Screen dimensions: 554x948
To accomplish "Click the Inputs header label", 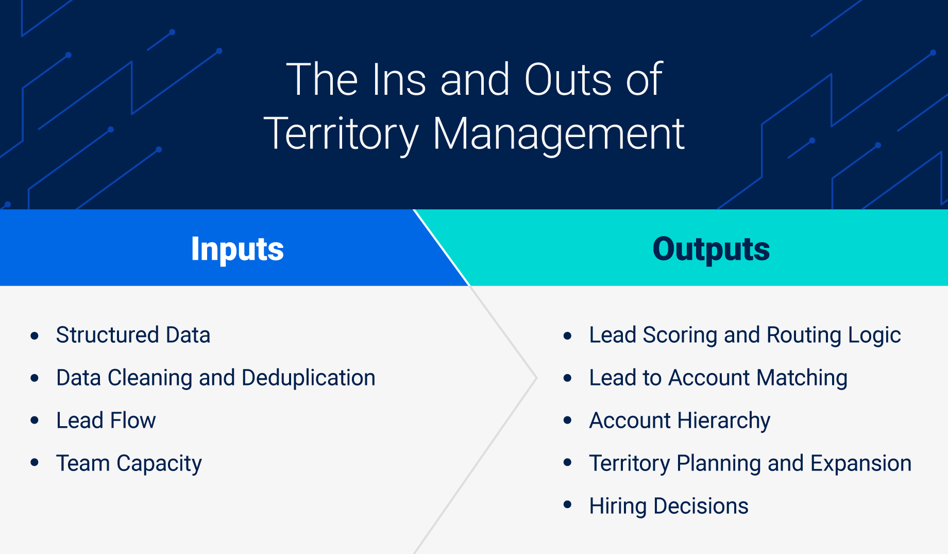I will point(237,249).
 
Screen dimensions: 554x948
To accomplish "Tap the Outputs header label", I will point(711,249).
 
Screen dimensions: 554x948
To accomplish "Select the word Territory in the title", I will point(341,134).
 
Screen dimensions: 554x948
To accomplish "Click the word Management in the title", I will point(558,134).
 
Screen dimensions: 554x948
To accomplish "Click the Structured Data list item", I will point(133,335).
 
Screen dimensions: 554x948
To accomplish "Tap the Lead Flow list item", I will point(106,421).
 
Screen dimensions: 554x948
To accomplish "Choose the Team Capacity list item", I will point(129,463).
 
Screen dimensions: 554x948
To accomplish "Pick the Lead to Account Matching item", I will point(718,378).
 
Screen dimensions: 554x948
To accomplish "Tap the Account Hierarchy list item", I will point(680,421).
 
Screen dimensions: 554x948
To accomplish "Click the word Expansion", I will point(860,463).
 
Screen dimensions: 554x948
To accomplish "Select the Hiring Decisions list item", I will point(668,506).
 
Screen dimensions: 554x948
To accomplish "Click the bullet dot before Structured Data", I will point(35,336).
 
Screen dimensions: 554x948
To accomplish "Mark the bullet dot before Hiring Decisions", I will point(568,505).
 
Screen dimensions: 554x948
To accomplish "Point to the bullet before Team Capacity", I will point(35,463).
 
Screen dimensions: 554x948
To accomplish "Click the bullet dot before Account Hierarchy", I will point(568,421).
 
